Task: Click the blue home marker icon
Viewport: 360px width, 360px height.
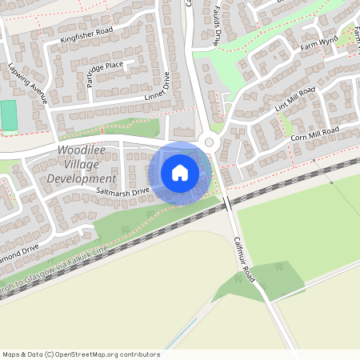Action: pos(180,172)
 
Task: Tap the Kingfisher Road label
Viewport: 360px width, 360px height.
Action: pos(86,34)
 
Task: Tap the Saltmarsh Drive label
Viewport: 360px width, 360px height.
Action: pos(123,192)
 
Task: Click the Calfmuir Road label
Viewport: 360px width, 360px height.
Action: pos(244,259)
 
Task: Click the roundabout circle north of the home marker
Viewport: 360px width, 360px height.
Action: pos(210,142)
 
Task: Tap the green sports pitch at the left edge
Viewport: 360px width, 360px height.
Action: pos(9,115)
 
